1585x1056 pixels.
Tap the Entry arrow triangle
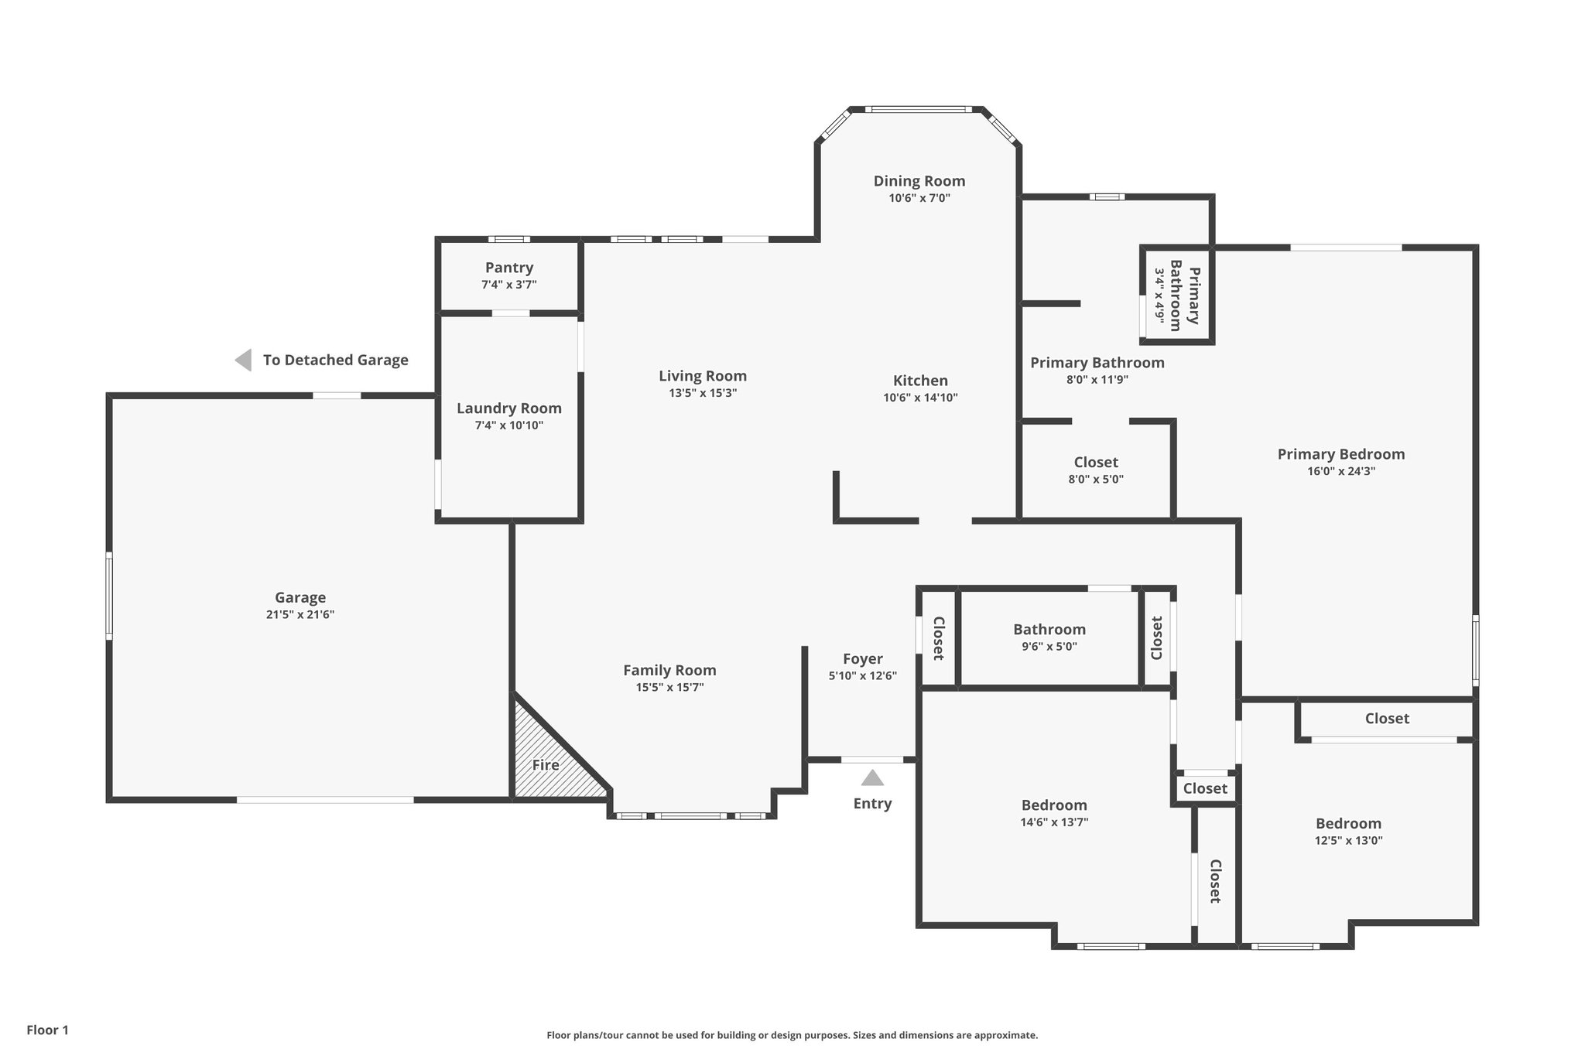872,778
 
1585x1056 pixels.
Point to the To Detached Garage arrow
244,360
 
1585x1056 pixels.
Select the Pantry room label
508,268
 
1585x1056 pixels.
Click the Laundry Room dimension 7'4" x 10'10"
508,425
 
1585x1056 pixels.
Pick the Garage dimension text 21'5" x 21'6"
300,615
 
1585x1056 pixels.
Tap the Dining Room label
919,181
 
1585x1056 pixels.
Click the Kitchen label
920,381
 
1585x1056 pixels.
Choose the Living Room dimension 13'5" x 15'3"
702,393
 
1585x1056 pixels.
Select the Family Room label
669,671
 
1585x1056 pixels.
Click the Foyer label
862,659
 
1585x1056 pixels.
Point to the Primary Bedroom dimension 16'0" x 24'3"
1340,471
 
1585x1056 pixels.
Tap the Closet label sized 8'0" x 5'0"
1095,463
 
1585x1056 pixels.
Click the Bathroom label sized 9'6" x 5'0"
1049,630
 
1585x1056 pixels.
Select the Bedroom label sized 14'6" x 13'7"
1053,805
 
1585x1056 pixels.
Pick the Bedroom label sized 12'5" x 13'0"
1348,824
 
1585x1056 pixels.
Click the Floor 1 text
48,1030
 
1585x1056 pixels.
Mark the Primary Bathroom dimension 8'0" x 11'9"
1097,380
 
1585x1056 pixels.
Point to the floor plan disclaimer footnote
792,1035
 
